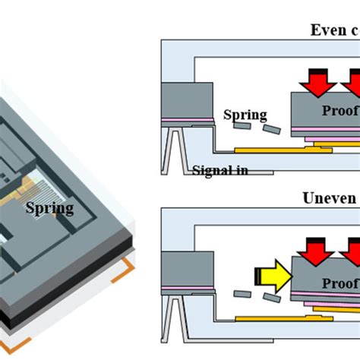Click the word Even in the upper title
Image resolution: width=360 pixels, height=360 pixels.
point(326,30)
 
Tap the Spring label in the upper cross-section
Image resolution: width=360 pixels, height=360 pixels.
point(245,115)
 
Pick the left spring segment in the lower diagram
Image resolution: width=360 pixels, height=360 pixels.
point(244,295)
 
